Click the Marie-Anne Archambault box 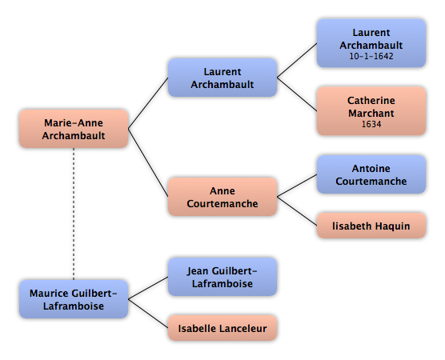coord(74,129)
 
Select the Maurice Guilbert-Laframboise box coord(74,299)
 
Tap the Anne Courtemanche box coord(222,197)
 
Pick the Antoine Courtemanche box coord(371,174)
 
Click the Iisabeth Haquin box coord(371,226)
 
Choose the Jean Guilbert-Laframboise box coord(222,277)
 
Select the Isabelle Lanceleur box coord(222,328)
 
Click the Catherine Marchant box coord(371,111)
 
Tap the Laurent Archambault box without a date coord(222,78)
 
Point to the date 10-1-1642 coord(371,56)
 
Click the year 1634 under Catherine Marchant coord(371,124)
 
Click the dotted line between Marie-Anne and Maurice coord(74,214)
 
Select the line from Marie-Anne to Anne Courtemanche coord(148,162)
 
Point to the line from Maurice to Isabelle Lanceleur coord(148,314)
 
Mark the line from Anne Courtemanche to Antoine coord(297,186)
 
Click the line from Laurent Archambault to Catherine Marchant coord(297,94)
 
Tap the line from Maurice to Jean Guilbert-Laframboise coord(148,288)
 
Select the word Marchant coord(371,114)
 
